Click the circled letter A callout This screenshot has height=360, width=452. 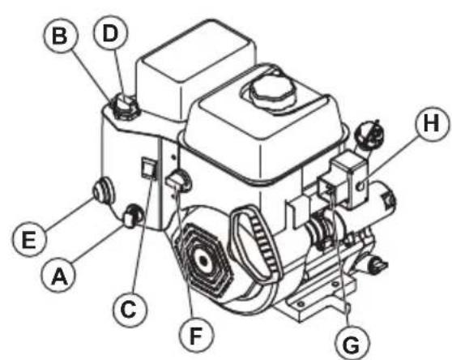(57, 276)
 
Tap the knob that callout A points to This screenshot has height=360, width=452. (132, 216)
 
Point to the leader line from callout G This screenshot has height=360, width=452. (339, 268)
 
